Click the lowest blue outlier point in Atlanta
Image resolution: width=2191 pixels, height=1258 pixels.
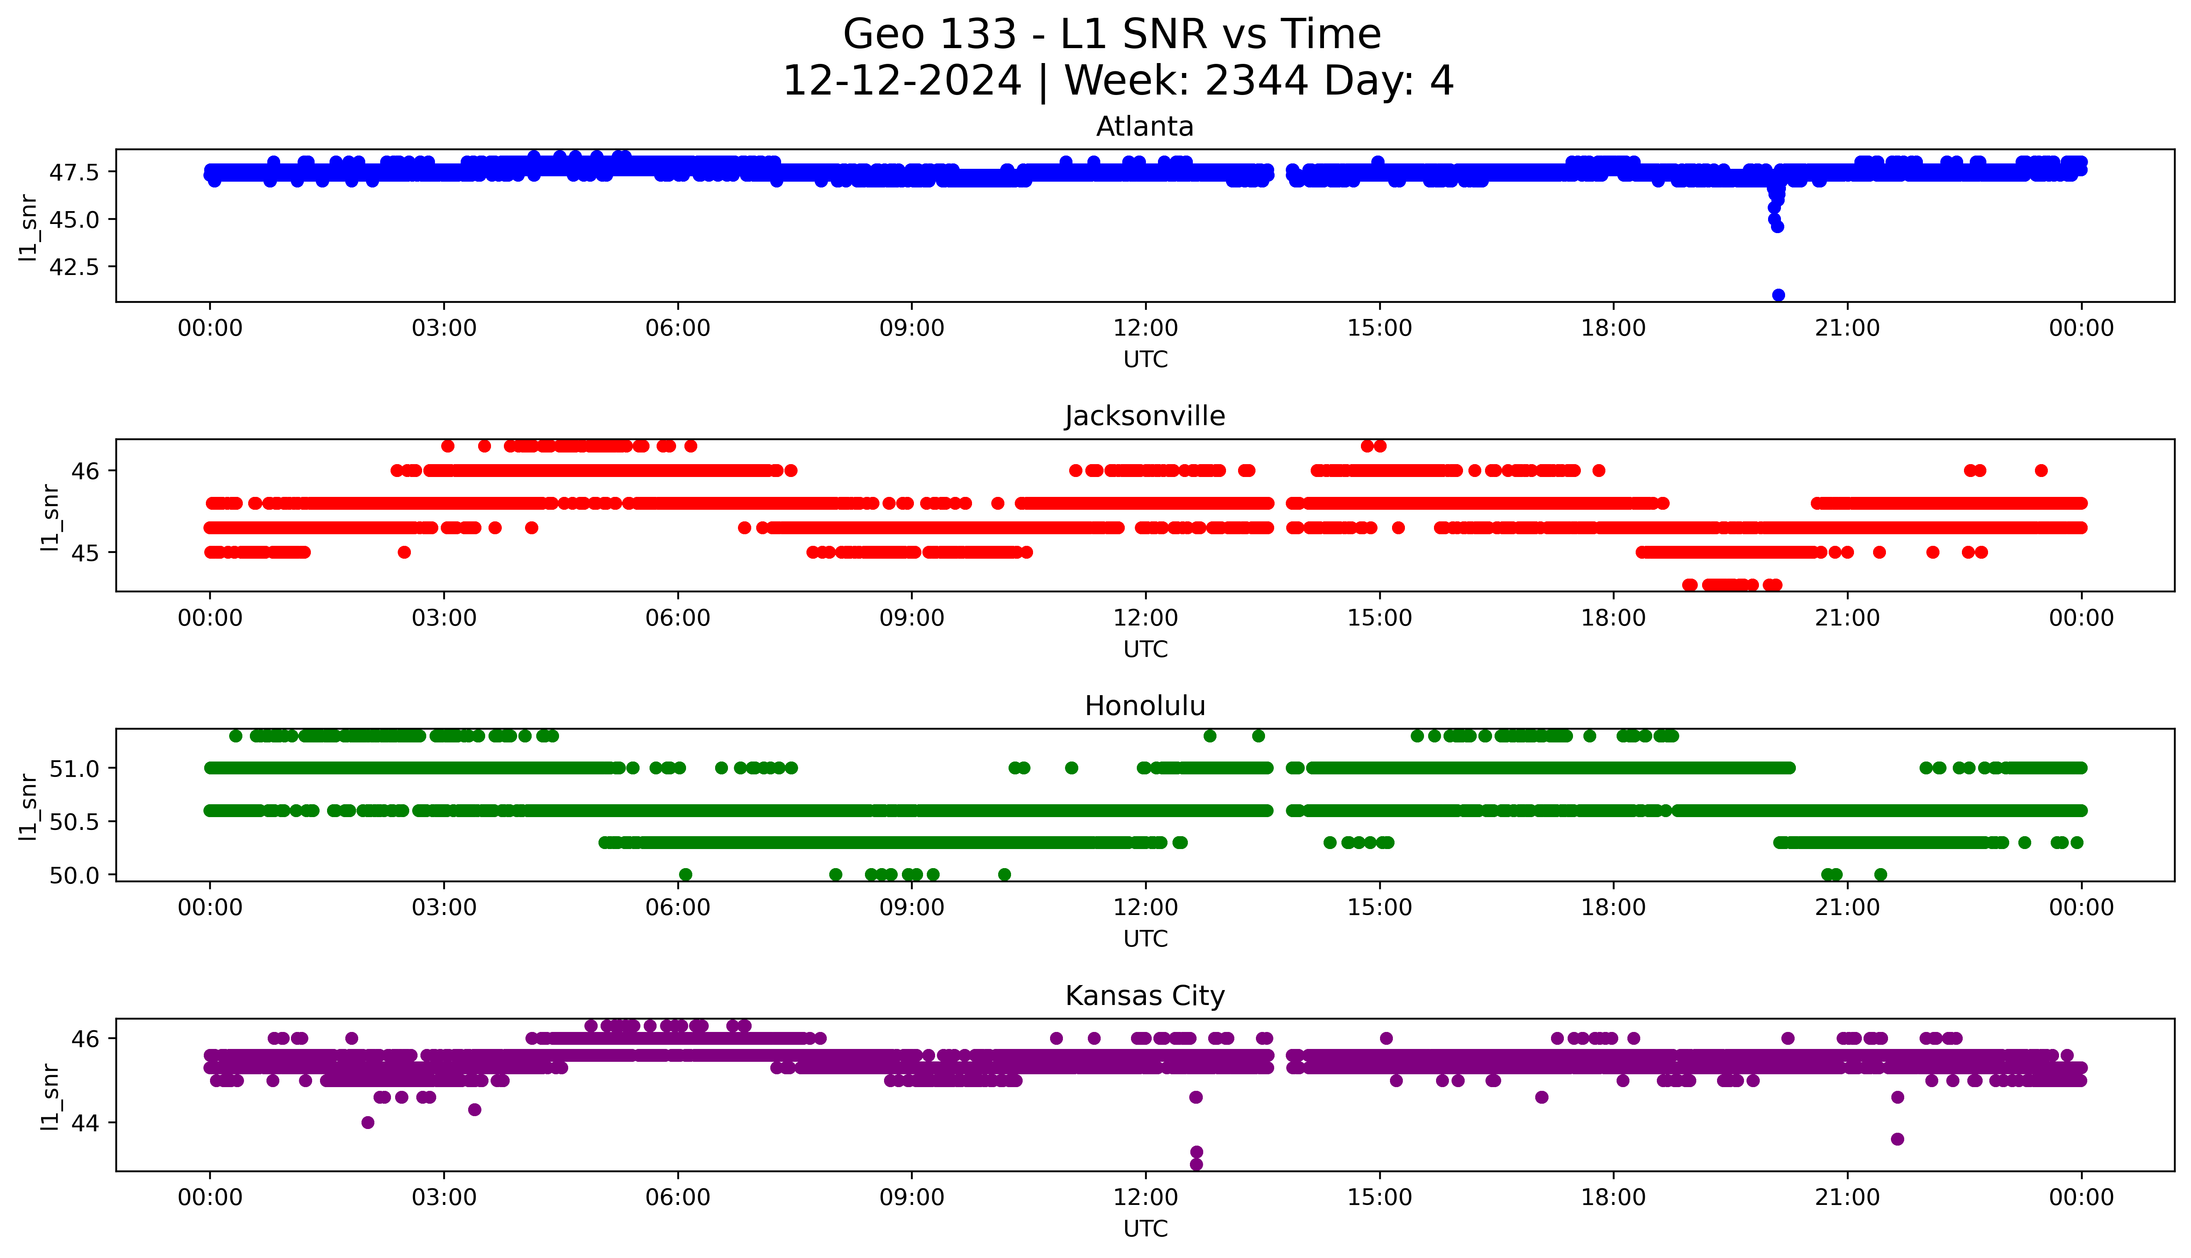coord(1778,294)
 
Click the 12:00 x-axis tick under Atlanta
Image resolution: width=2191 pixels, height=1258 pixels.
coord(1145,328)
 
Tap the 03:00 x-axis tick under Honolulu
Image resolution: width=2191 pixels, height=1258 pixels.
coord(444,908)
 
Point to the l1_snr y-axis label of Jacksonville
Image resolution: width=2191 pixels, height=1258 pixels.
coord(50,517)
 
